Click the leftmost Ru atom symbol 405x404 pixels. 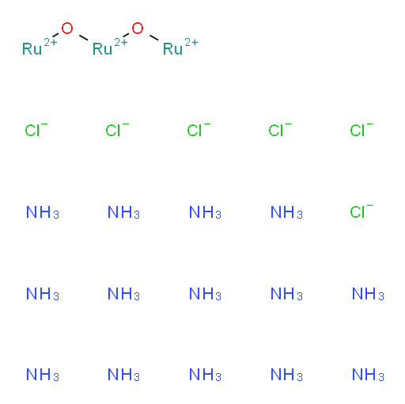[x=32, y=49]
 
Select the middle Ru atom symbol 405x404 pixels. [x=102, y=49]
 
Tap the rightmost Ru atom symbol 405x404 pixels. [x=172, y=49]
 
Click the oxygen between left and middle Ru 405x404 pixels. [x=67, y=29]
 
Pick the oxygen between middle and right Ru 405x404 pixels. [x=138, y=29]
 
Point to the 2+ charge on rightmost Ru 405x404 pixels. [x=191, y=42]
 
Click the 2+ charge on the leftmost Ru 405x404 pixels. [x=51, y=42]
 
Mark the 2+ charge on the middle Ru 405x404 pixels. [x=121, y=42]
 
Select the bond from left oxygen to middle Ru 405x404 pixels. [x=84, y=37]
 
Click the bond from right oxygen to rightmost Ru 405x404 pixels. [x=154, y=37]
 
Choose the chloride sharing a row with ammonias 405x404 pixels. [x=361, y=212]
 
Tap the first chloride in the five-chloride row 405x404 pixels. [x=36, y=130]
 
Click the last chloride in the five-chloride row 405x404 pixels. [x=361, y=130]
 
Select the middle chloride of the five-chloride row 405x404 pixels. [x=199, y=130]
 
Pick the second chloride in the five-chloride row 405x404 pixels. [x=117, y=130]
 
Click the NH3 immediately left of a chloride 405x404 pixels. [x=286, y=212]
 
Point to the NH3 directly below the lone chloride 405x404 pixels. [x=368, y=294]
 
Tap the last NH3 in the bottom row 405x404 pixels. [x=368, y=375]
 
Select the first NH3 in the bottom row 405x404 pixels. [x=43, y=375]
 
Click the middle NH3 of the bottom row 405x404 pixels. [x=205, y=375]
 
